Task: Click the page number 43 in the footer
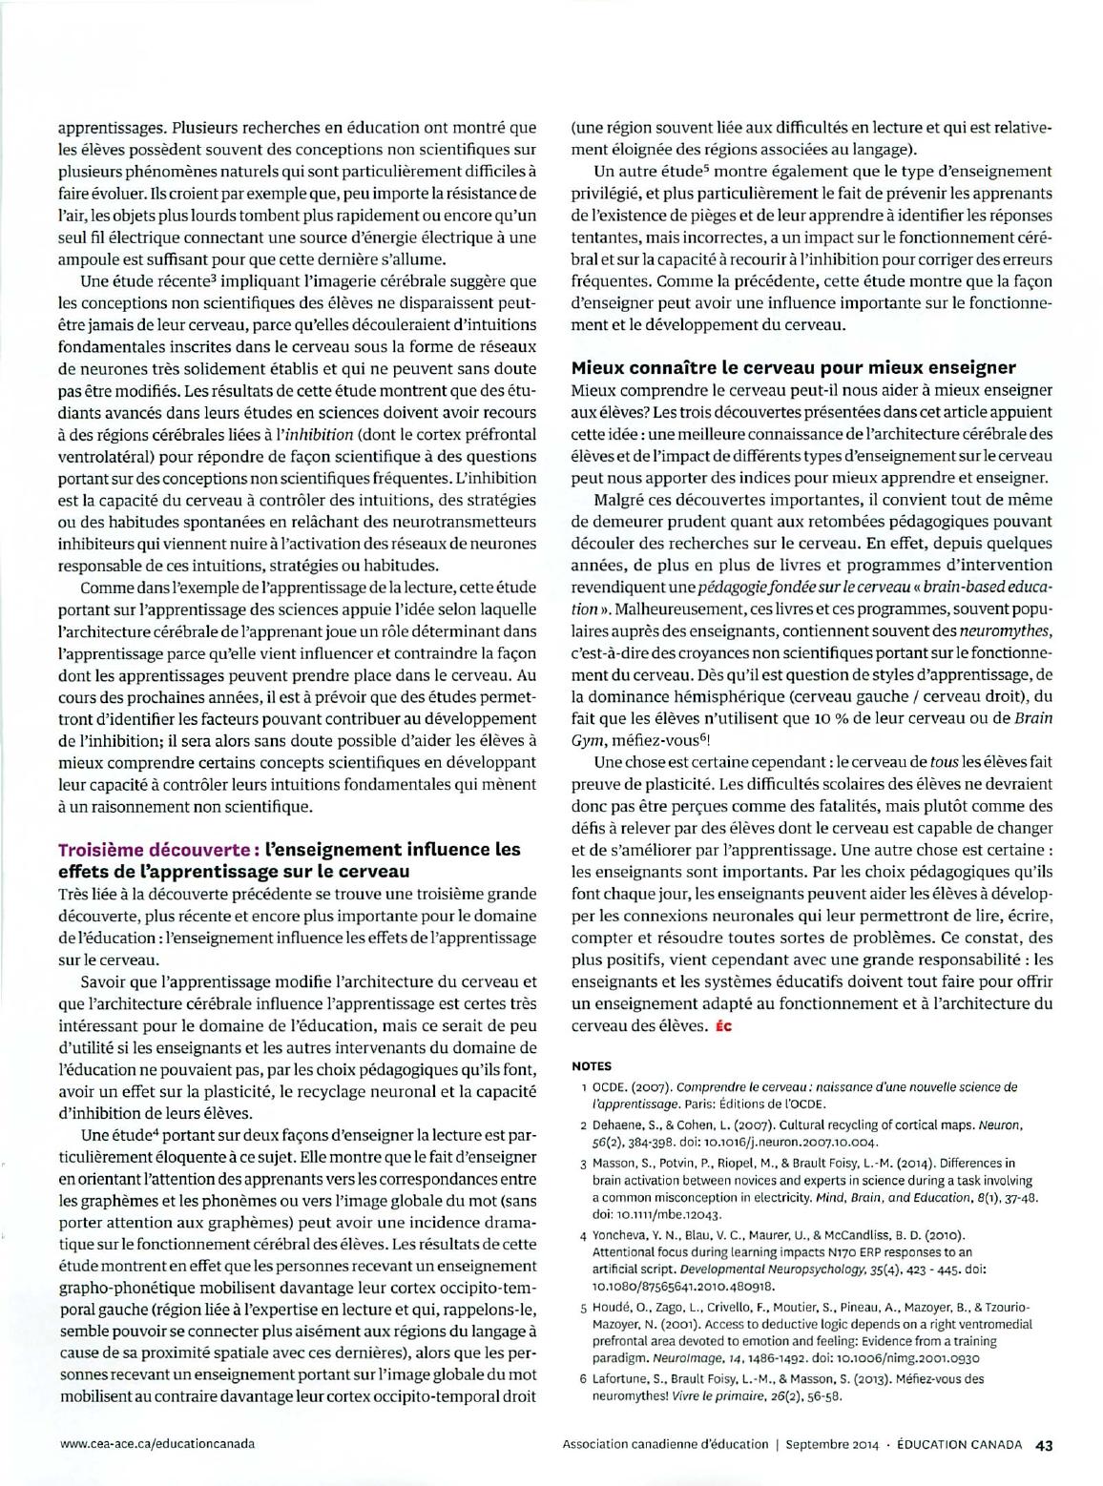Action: click(1043, 1443)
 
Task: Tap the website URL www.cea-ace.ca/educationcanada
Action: click(156, 1443)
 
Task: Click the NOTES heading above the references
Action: click(591, 1066)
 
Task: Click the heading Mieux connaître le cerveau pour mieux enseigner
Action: click(793, 367)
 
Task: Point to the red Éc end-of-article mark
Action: click(721, 1026)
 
